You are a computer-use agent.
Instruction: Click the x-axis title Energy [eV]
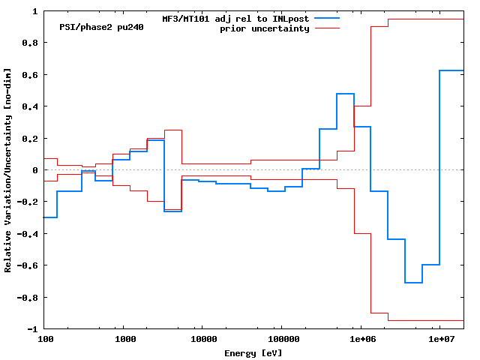click(x=253, y=352)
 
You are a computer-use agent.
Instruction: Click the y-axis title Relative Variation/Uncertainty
click(x=8, y=170)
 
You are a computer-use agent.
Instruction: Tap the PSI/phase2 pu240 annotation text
click(x=101, y=27)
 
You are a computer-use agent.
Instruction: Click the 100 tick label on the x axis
click(x=45, y=339)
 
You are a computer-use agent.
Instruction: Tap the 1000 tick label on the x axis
click(x=125, y=339)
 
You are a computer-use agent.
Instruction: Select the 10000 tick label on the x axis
click(x=205, y=339)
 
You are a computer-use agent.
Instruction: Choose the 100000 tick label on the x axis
click(x=280, y=339)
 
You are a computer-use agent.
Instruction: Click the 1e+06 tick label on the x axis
click(x=360, y=339)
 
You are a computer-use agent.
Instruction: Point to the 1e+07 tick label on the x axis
click(x=439, y=339)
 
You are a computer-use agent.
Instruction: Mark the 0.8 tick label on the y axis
click(x=30, y=43)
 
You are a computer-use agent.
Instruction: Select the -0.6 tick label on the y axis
click(x=28, y=265)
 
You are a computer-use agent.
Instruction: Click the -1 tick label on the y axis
click(x=32, y=328)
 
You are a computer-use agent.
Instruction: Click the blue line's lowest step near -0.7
click(x=413, y=283)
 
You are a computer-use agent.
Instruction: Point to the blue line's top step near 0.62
click(x=451, y=70)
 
